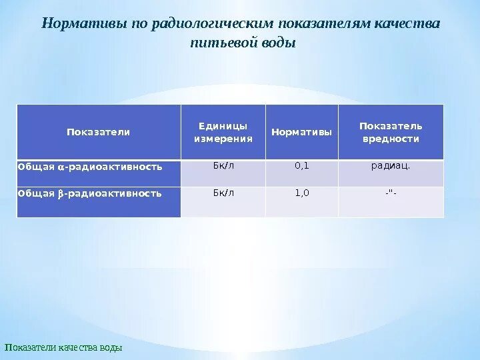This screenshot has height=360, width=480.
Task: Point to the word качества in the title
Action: [x=408, y=23]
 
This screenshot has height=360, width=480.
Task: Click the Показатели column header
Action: [x=98, y=132]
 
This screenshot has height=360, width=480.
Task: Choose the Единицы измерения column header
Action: [x=223, y=132]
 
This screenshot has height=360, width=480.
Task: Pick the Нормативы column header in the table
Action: [x=301, y=132]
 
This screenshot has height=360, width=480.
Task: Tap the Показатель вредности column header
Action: [x=391, y=132]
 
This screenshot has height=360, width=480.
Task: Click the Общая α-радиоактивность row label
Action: [x=90, y=167]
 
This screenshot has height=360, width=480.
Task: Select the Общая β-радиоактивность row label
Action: [x=90, y=194]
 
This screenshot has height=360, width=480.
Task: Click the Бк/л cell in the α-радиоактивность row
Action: [x=223, y=166]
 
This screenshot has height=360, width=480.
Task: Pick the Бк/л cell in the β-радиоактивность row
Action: [x=223, y=193]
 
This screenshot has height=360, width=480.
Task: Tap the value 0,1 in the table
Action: [x=301, y=166]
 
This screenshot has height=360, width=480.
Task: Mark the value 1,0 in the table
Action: [x=301, y=193]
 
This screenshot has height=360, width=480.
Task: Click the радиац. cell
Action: [x=391, y=166]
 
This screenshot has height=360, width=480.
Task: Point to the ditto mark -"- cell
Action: [x=391, y=193]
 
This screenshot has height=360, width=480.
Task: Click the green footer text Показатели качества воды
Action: [x=64, y=348]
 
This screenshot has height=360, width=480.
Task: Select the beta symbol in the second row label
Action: [x=60, y=194]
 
